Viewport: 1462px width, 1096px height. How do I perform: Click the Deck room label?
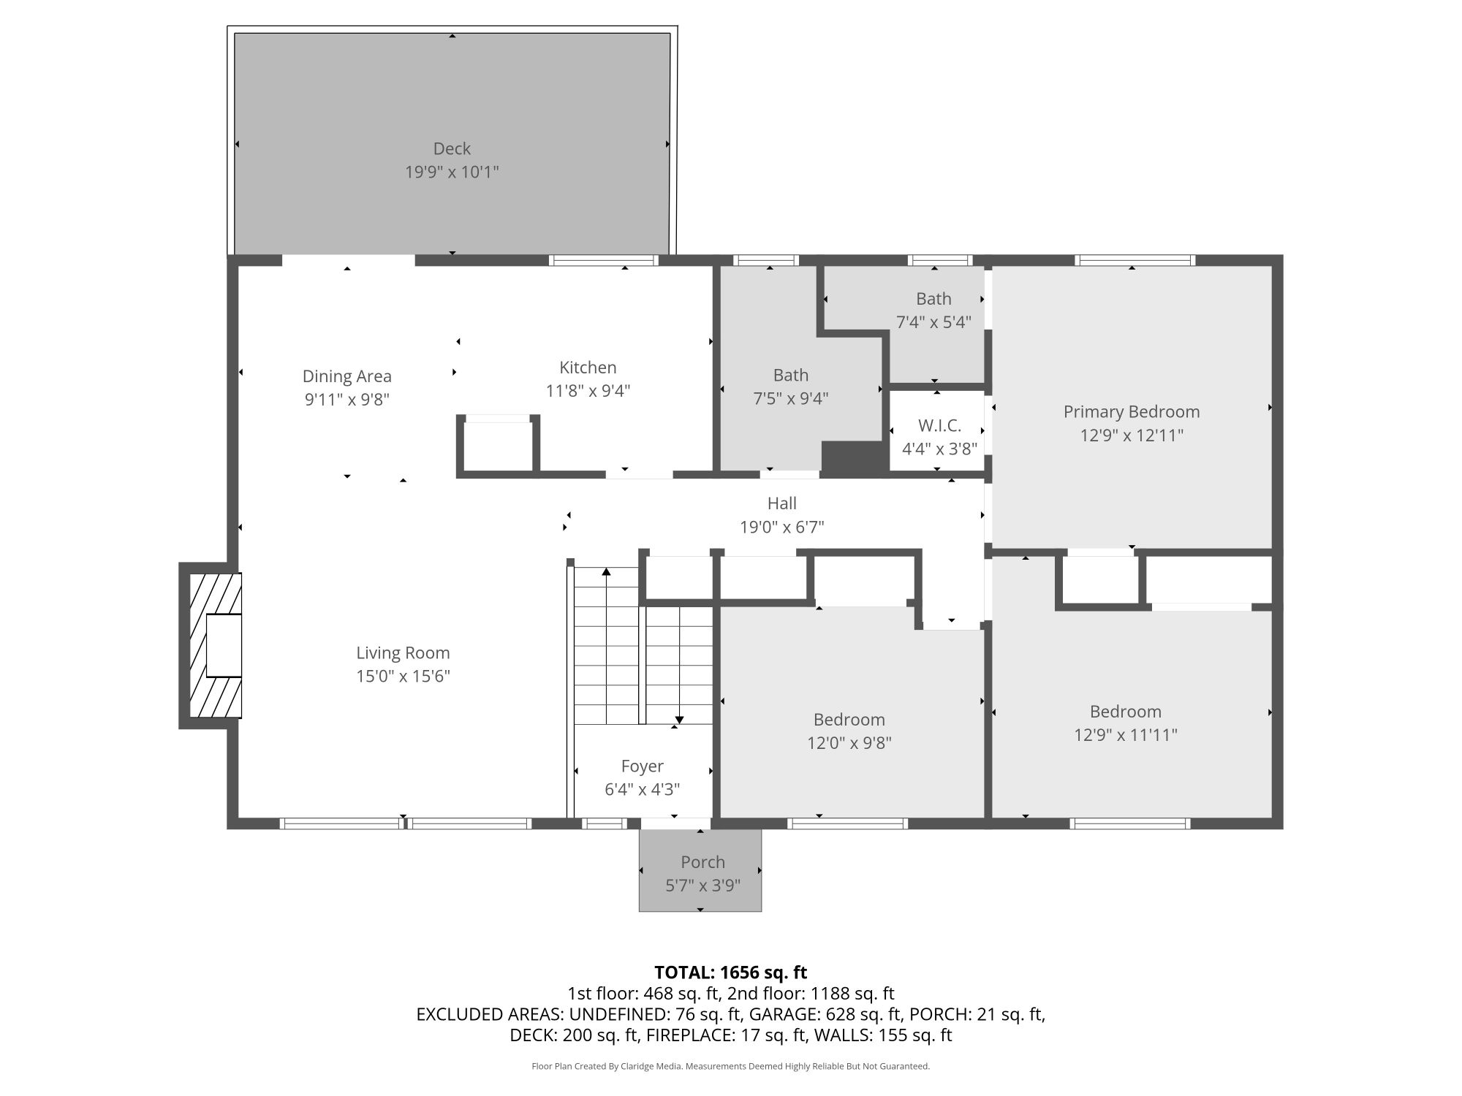coord(452,148)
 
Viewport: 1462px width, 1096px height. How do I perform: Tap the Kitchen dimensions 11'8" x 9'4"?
coord(588,391)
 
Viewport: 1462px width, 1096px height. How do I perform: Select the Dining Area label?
coord(347,376)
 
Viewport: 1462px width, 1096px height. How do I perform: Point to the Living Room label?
coord(403,653)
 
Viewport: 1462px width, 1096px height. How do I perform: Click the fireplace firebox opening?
coord(224,645)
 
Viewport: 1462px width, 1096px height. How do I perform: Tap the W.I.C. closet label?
coord(939,425)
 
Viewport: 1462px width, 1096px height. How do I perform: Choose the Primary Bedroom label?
coord(1132,412)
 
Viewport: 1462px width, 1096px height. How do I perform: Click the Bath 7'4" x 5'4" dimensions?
coord(933,322)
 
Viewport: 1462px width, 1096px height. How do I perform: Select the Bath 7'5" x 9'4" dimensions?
coord(791,398)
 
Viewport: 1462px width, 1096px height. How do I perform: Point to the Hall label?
coord(782,503)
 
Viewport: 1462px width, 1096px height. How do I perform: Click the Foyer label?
coord(643,766)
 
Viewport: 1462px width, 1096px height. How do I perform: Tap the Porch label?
coord(702,862)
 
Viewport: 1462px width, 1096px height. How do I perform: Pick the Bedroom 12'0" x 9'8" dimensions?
coord(849,743)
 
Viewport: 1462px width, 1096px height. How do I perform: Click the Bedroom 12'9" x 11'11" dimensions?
coord(1126,735)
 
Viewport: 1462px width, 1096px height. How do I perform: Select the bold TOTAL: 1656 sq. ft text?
coord(730,973)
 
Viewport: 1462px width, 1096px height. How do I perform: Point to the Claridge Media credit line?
coord(730,1067)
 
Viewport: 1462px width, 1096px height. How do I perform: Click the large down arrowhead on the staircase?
coord(680,719)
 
